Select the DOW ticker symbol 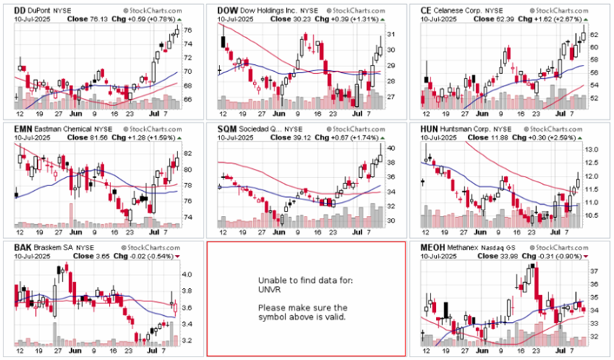click(228, 11)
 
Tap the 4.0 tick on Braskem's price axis click(186, 274)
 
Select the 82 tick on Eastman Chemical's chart click(186, 153)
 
